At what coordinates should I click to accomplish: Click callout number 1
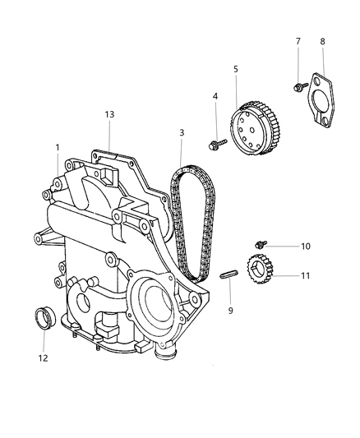58,147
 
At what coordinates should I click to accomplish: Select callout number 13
108,114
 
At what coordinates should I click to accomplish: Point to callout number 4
215,97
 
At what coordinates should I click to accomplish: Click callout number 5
236,69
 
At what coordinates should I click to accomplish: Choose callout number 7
298,40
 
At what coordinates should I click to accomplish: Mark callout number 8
323,40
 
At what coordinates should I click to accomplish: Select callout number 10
282,247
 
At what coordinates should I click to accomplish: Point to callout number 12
44,357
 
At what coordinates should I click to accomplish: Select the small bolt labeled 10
261,244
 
